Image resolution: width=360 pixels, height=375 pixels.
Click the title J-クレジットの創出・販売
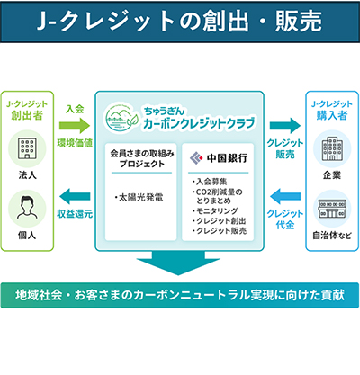(x=179, y=22)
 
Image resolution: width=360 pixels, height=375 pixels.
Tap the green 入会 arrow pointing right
(x=75, y=126)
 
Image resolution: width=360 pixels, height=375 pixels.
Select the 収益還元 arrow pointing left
(x=75, y=197)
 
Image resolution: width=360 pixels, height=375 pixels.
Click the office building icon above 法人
(x=27, y=148)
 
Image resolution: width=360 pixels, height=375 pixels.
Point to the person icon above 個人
(x=27, y=208)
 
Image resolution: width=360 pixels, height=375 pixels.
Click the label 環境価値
(x=75, y=143)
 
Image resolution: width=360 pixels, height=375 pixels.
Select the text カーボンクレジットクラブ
(x=199, y=123)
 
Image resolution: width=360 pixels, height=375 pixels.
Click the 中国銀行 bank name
(x=227, y=158)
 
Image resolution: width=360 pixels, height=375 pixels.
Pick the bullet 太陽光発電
(x=139, y=197)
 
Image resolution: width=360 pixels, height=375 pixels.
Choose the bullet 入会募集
(x=210, y=182)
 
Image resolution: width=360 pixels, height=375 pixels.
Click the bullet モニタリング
(x=215, y=211)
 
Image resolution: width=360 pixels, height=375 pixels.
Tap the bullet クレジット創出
(x=220, y=221)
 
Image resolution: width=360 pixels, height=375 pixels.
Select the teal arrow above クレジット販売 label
(x=285, y=126)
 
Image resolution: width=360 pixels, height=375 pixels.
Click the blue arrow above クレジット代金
(x=285, y=197)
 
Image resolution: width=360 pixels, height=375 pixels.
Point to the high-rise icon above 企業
(x=332, y=148)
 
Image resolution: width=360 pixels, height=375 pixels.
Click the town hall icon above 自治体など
(x=332, y=209)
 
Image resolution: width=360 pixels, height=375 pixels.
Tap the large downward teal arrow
(x=178, y=263)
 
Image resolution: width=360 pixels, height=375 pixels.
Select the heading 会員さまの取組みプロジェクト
(x=142, y=158)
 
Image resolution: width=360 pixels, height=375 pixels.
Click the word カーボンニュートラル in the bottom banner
(x=192, y=295)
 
